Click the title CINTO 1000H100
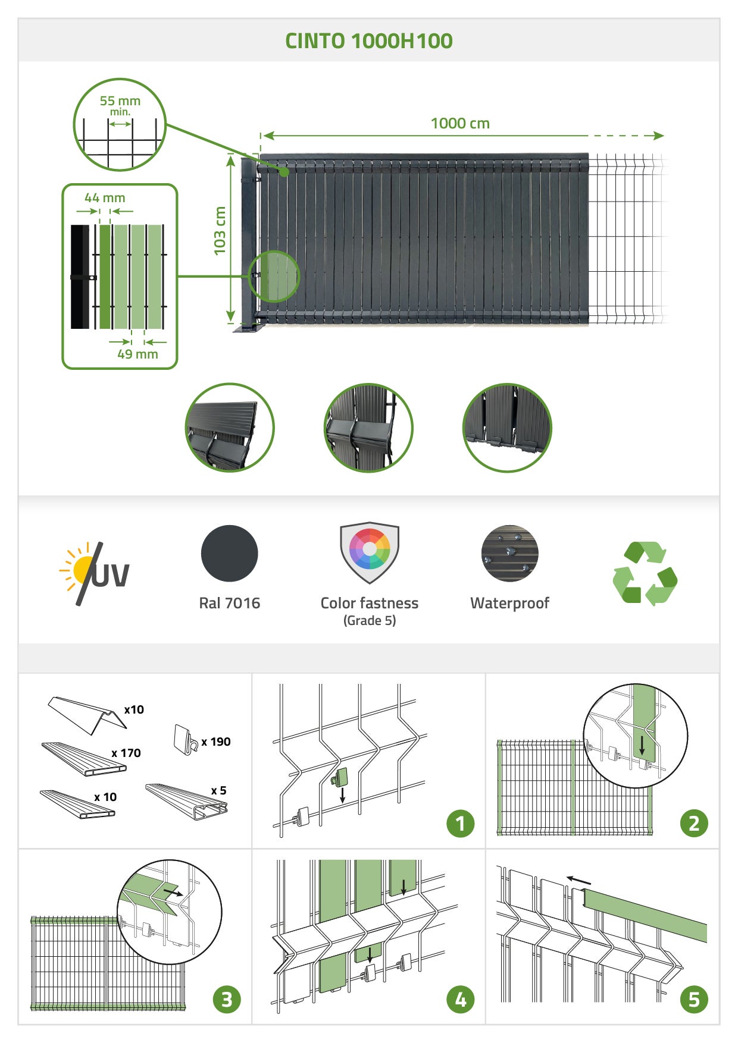point(368,41)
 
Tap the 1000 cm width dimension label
point(460,124)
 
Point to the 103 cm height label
point(220,231)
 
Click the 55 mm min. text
point(120,105)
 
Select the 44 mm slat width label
point(105,198)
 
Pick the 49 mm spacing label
point(137,354)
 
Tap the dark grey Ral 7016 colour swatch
point(229,554)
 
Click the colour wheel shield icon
point(370,551)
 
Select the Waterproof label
point(509,603)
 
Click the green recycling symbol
point(645,573)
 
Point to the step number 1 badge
point(460,824)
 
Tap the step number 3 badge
point(227,1000)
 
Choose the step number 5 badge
point(694,1000)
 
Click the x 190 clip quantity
point(216,742)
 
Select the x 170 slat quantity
point(126,753)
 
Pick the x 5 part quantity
point(219,791)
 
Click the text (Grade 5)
point(370,621)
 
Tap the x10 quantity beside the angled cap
point(134,710)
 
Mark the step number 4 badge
point(460,1000)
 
